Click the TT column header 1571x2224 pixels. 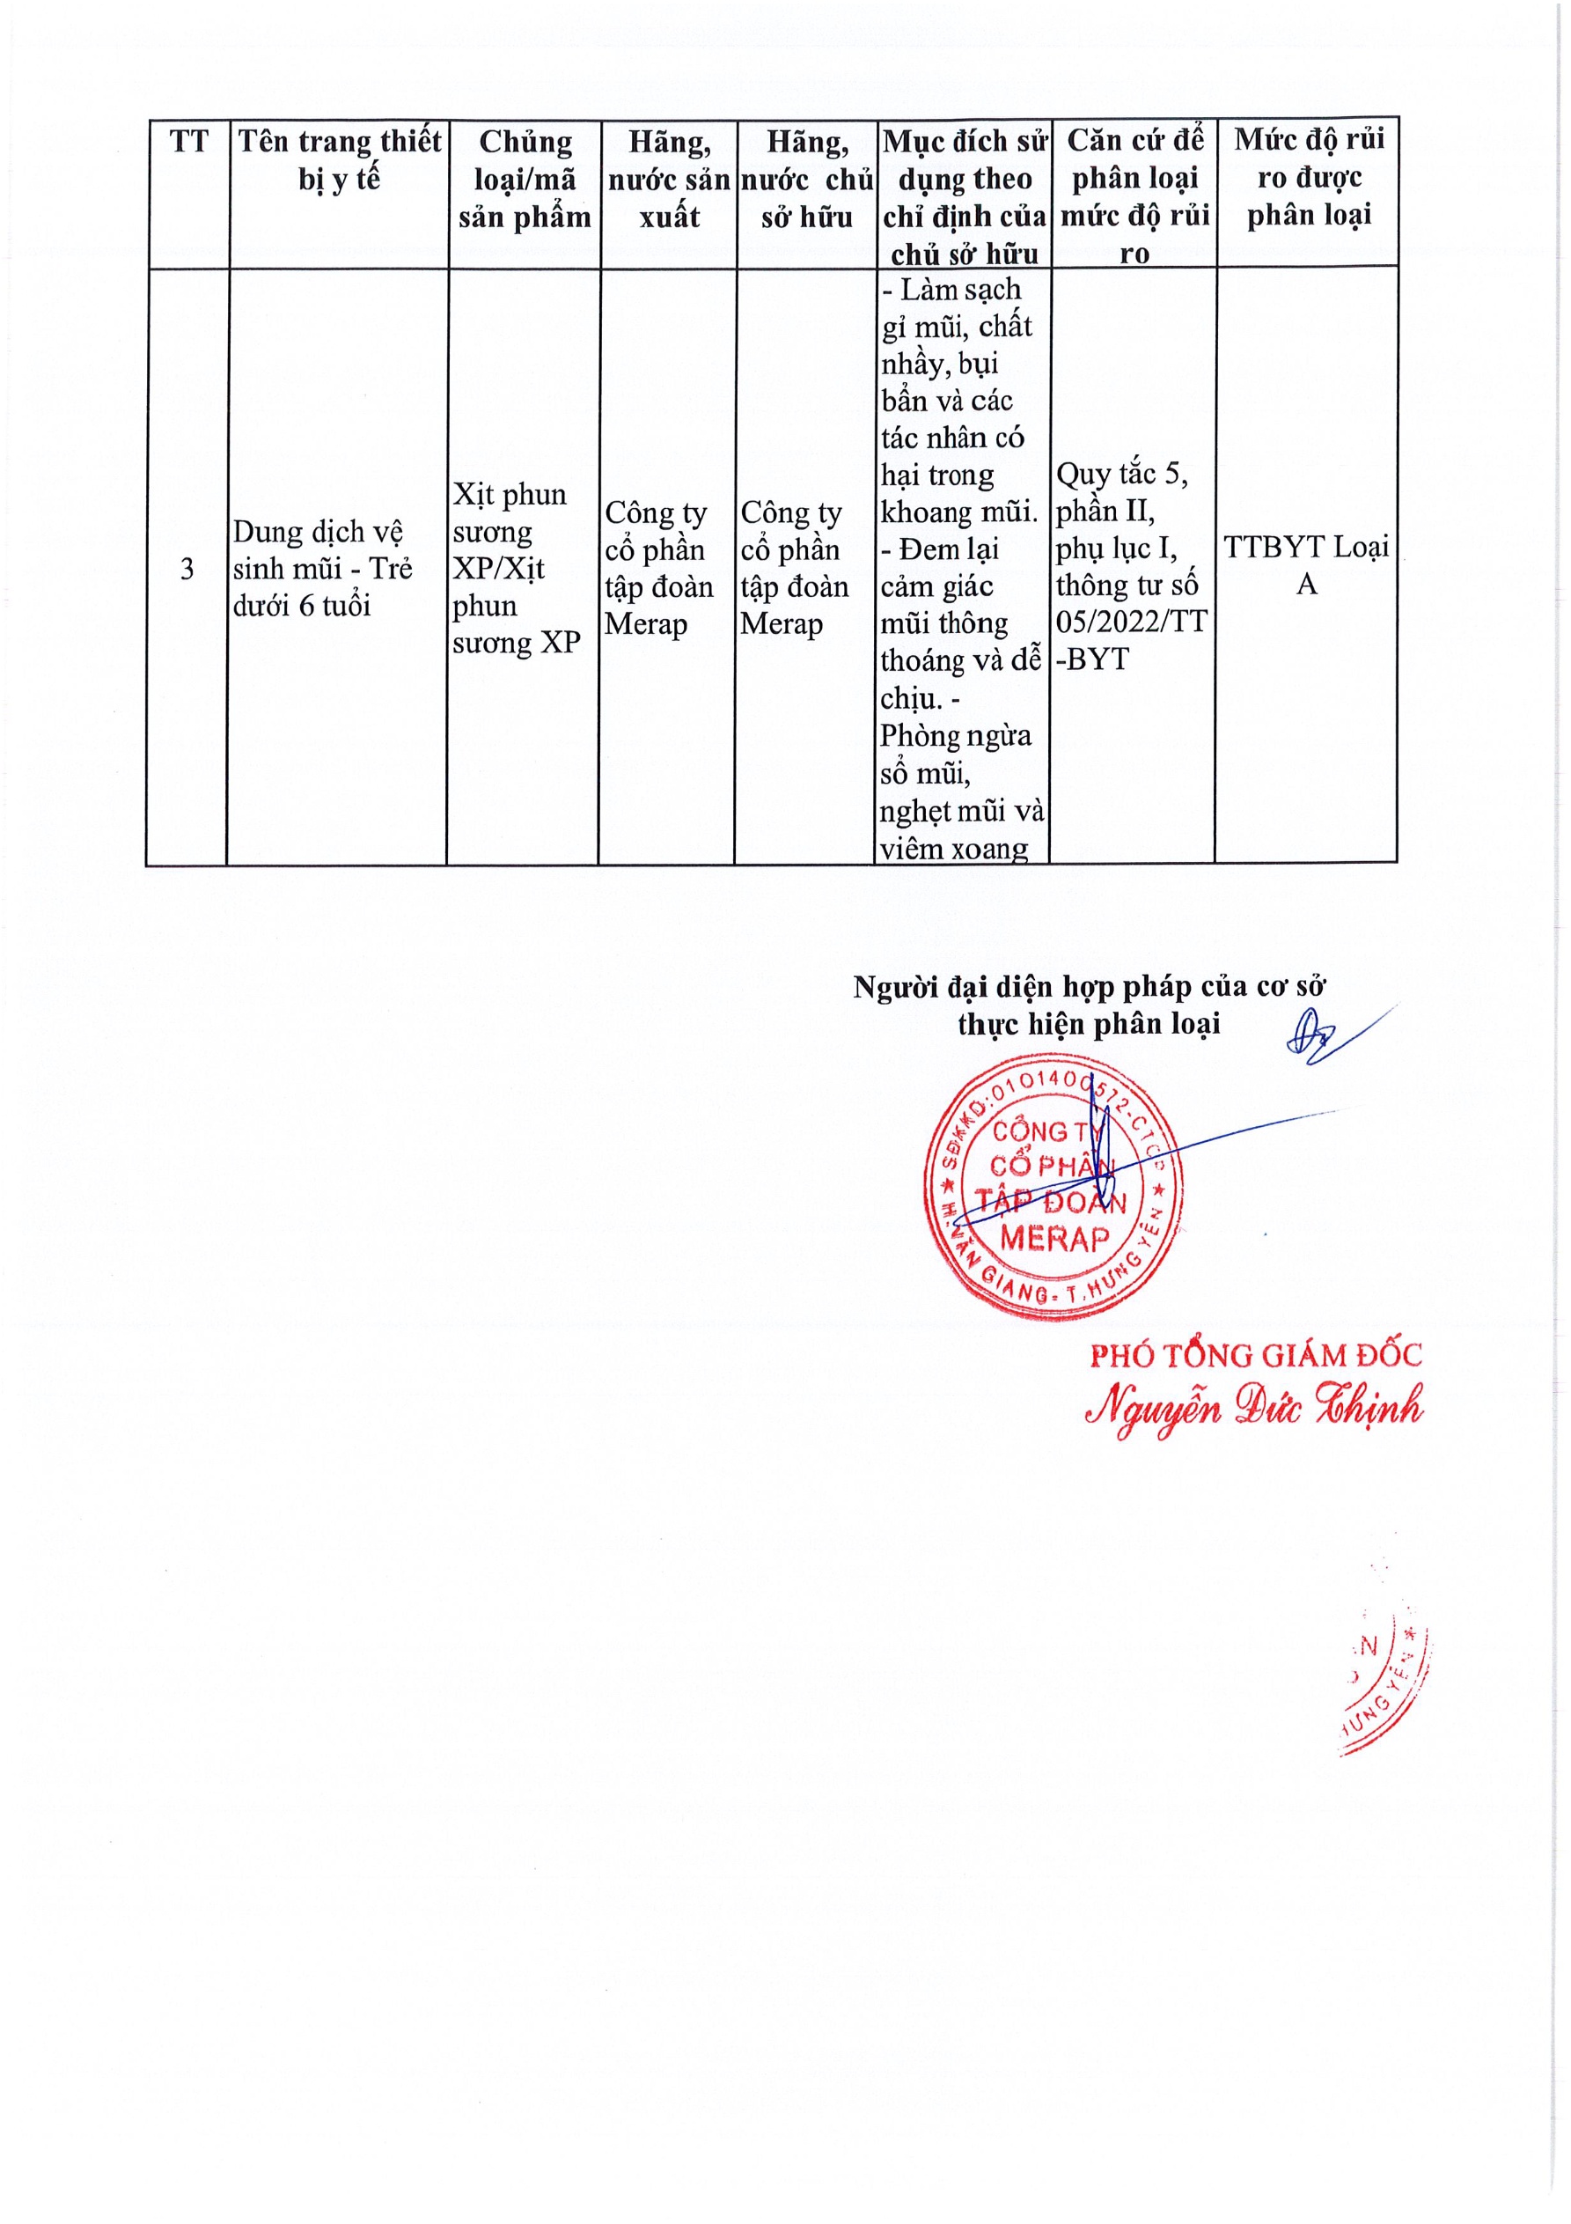click(x=189, y=143)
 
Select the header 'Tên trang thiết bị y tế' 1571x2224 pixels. click(x=339, y=160)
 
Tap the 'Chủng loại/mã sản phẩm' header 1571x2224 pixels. click(x=525, y=180)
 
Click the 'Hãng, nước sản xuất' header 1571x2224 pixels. click(x=669, y=180)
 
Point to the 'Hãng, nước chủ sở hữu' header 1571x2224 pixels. click(x=807, y=180)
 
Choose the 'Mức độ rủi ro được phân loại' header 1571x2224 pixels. click(x=1309, y=176)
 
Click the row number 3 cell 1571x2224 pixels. click(x=187, y=569)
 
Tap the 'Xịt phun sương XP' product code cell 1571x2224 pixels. click(x=517, y=569)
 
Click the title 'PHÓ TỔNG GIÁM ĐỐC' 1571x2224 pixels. click(x=1255, y=1355)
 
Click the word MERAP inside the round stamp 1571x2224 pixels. click(x=1054, y=1239)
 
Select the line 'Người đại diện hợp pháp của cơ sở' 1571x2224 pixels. click(x=1089, y=987)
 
